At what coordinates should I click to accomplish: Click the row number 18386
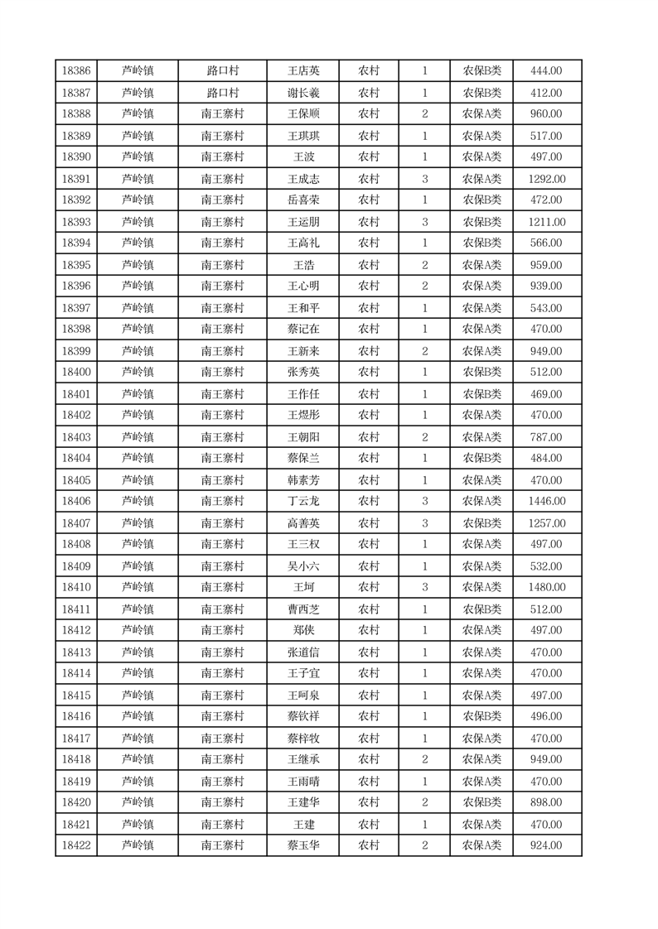point(76,71)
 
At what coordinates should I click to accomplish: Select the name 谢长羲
point(302,93)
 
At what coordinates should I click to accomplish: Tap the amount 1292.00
point(546,179)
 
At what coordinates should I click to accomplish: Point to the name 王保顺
point(302,114)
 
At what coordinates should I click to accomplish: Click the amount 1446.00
point(546,502)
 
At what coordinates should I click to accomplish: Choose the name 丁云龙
point(302,502)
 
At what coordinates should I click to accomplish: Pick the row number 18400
point(76,373)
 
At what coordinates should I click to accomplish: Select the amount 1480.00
point(546,588)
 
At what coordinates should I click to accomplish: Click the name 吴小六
point(302,566)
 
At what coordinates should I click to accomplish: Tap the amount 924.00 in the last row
point(546,846)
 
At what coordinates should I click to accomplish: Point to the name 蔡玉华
point(302,846)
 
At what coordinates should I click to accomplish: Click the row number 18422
point(76,846)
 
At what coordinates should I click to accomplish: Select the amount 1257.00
point(546,523)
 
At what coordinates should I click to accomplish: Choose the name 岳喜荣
point(302,200)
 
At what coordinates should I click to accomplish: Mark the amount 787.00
point(546,437)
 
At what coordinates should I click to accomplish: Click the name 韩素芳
point(302,480)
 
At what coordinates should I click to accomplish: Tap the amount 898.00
point(546,803)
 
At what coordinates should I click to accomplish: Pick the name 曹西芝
point(302,609)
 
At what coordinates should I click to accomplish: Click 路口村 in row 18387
point(222,93)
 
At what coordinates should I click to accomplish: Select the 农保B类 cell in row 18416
point(481,717)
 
